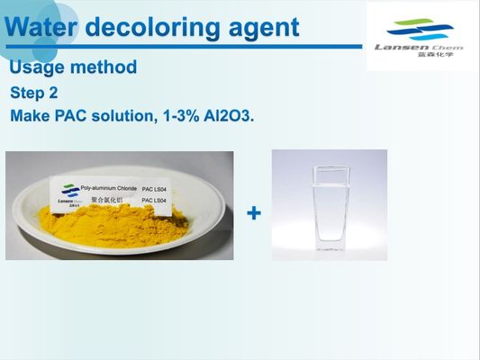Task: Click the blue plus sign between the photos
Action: (255, 213)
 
